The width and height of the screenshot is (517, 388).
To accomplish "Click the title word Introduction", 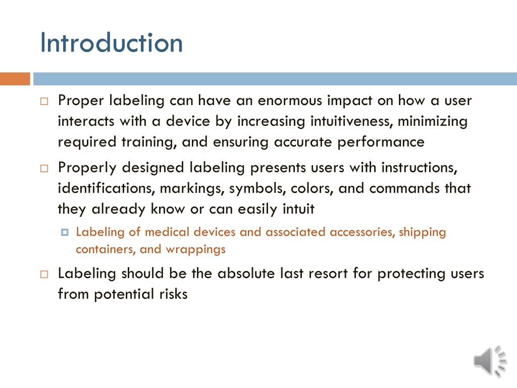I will point(112,42).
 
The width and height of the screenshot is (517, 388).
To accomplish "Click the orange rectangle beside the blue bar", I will point(15,79).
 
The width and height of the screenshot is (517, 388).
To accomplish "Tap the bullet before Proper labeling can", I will point(44,101).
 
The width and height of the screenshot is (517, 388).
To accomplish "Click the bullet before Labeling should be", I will point(44,274).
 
